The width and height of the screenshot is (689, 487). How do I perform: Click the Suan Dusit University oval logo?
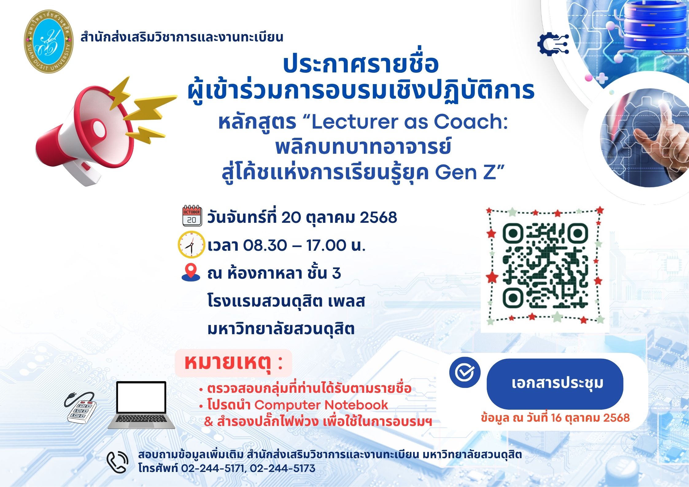click(49, 41)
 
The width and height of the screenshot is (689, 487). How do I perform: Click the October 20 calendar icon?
click(192, 215)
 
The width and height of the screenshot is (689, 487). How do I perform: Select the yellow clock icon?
click(191, 245)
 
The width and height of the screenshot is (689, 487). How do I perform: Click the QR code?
click(545, 265)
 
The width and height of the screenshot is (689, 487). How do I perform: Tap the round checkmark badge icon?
click(465, 372)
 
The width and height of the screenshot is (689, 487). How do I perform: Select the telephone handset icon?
click(117, 462)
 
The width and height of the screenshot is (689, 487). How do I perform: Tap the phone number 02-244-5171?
click(212, 468)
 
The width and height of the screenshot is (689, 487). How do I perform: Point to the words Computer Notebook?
click(321, 405)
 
